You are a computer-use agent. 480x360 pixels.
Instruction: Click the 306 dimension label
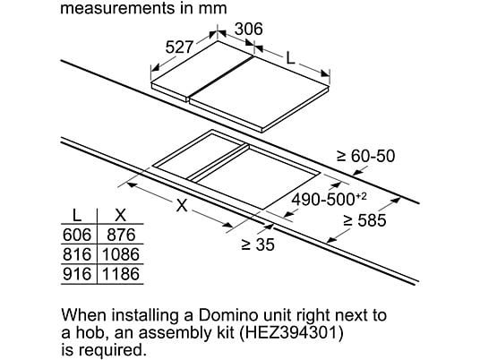[249, 29]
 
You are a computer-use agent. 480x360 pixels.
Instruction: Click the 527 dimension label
[180, 47]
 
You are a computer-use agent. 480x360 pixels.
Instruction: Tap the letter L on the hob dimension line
[290, 58]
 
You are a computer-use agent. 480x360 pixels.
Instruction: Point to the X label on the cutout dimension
[182, 205]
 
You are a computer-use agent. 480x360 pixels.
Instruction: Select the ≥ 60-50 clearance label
[365, 156]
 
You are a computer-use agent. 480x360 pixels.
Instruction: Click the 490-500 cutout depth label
[329, 200]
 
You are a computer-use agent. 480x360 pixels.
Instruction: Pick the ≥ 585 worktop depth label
[364, 220]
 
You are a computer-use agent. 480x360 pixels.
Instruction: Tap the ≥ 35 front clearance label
[258, 244]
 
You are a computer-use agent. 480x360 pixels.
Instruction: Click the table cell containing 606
[77, 235]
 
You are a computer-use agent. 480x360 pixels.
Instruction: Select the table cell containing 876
[121, 235]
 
